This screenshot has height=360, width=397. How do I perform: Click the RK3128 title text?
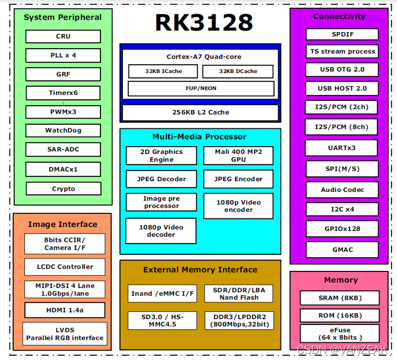pyautogui.click(x=204, y=23)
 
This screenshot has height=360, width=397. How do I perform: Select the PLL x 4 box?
pyautogui.click(x=63, y=55)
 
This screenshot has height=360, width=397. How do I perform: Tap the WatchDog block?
pyautogui.click(x=63, y=131)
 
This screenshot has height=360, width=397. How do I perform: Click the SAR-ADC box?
pyautogui.click(x=63, y=150)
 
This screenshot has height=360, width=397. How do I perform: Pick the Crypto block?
pyautogui.click(x=63, y=189)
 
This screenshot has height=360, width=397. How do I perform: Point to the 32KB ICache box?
pyautogui.click(x=163, y=71)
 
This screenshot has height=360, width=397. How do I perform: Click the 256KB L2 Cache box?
pyautogui.click(x=200, y=112)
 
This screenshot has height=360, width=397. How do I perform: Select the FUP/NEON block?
pyautogui.click(x=200, y=89)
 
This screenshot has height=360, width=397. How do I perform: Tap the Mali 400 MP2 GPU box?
pyautogui.click(x=238, y=156)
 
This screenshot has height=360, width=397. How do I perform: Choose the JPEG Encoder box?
pyautogui.click(x=238, y=179)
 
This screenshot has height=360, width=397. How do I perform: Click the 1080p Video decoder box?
pyautogui.click(x=161, y=231)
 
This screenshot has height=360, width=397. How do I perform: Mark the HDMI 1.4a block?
pyautogui.click(x=65, y=310)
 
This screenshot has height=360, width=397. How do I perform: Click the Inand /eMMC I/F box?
pyautogui.click(x=162, y=293)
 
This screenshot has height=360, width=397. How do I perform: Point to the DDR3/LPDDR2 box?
pyautogui.click(x=238, y=320)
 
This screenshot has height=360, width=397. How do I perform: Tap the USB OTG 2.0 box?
pyautogui.click(x=342, y=70)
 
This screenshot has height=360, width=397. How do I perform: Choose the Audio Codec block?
pyautogui.click(x=342, y=190)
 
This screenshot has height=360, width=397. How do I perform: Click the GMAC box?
pyautogui.click(x=342, y=249)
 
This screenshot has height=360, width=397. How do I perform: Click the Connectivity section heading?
pyautogui.click(x=339, y=16)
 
